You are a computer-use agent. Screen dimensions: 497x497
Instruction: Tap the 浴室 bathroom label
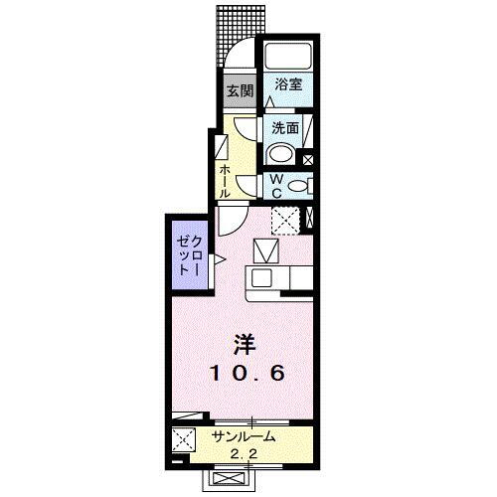(289, 86)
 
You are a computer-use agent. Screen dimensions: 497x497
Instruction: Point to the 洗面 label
(286, 126)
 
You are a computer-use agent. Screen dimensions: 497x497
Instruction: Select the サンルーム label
(244, 436)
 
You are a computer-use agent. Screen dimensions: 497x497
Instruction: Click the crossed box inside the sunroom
(184, 438)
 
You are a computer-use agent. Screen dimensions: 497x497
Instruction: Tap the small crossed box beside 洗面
(308, 159)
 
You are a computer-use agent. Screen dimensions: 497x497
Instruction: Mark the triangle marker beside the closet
(219, 260)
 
